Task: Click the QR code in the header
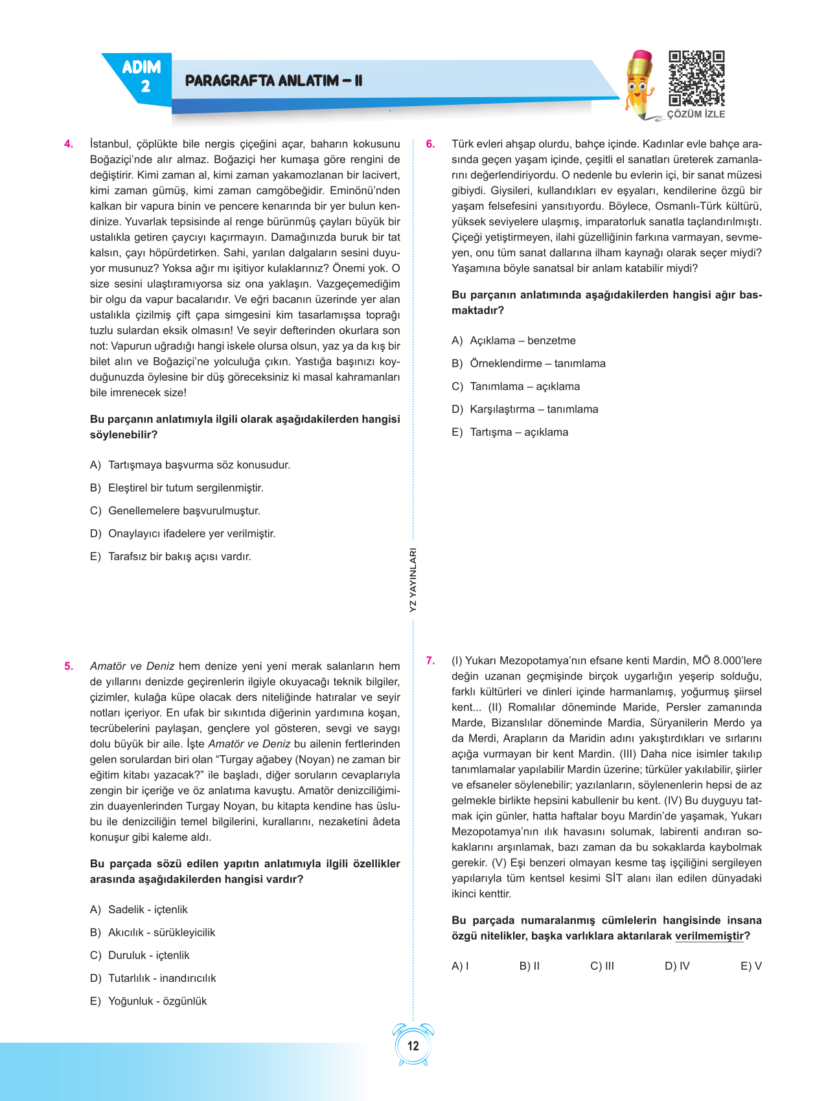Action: coord(696,78)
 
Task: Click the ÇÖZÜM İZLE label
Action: coord(696,114)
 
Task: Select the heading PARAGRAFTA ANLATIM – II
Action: coord(273,81)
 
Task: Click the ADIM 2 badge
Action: coord(142,76)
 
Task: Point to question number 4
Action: coord(69,144)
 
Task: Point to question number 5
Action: coord(69,666)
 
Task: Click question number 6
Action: coord(430,144)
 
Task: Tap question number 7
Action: coord(430,661)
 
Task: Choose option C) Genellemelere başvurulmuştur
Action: coord(175,510)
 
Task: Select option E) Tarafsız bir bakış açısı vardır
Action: coord(170,556)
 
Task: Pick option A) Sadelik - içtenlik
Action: coord(139,909)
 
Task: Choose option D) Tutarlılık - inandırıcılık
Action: coord(153,978)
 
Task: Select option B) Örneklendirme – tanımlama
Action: coord(529,363)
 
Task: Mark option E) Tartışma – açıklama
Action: coord(510,432)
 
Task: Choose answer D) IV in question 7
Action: coord(677,966)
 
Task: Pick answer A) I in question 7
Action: coord(460,966)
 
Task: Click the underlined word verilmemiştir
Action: coord(709,936)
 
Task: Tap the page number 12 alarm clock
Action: coord(413,1045)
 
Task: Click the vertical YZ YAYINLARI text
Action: coord(413,580)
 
